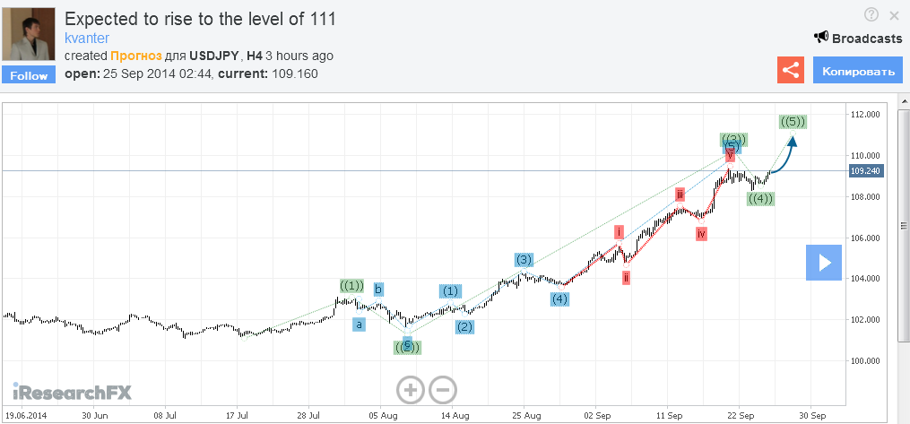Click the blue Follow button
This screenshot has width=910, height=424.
click(x=29, y=75)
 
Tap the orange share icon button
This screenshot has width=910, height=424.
click(x=790, y=70)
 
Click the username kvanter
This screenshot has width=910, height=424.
click(x=89, y=38)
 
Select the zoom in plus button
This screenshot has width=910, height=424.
click(x=410, y=389)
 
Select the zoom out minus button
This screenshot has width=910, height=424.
click(x=443, y=389)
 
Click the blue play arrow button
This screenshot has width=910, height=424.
click(x=823, y=262)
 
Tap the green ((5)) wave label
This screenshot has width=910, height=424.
click(x=793, y=121)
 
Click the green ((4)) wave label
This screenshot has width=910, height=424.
click(x=760, y=198)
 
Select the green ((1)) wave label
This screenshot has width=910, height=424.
click(x=351, y=286)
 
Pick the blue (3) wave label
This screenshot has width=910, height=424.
click(x=524, y=260)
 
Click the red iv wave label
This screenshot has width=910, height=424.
click(x=701, y=234)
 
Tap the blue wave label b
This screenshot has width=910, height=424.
click(x=378, y=290)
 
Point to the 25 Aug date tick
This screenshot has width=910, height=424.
click(x=527, y=416)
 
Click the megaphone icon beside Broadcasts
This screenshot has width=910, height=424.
click(x=820, y=38)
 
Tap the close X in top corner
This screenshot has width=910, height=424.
click(x=894, y=15)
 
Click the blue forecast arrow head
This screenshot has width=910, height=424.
click(x=793, y=140)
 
